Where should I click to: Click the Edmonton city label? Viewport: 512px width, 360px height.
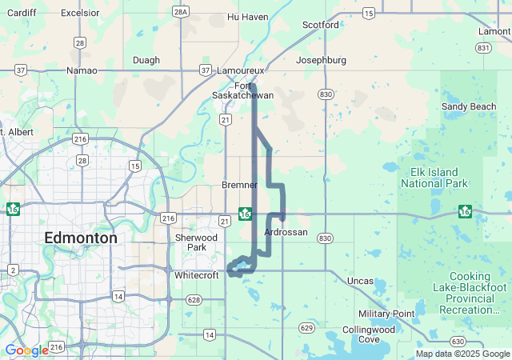[x=80, y=238]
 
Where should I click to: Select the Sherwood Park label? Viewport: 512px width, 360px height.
[x=196, y=242]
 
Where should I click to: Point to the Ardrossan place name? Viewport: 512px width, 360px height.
[x=286, y=232]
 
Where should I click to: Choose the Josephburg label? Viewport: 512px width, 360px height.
[x=321, y=60]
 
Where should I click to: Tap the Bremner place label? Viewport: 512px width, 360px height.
[x=239, y=185]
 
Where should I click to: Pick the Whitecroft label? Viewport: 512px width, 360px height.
[x=196, y=275]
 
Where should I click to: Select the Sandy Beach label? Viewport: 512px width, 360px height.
[x=469, y=106]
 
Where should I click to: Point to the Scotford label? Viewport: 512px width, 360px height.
[x=320, y=25]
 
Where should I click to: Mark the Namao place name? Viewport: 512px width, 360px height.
[x=82, y=71]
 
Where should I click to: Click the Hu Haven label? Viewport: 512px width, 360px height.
[x=247, y=16]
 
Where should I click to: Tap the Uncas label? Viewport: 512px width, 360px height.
[x=360, y=281]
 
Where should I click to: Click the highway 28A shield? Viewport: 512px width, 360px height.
[x=180, y=11]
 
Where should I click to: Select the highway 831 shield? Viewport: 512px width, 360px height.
[x=483, y=48]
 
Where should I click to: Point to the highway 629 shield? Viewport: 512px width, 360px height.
[x=306, y=327]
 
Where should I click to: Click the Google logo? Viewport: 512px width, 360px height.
[x=26, y=350]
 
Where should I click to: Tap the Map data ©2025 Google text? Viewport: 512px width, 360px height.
[x=462, y=354]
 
